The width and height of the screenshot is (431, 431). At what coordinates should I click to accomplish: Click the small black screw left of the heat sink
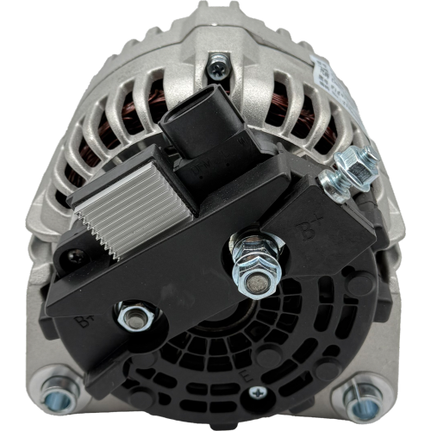click(x=78, y=254)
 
